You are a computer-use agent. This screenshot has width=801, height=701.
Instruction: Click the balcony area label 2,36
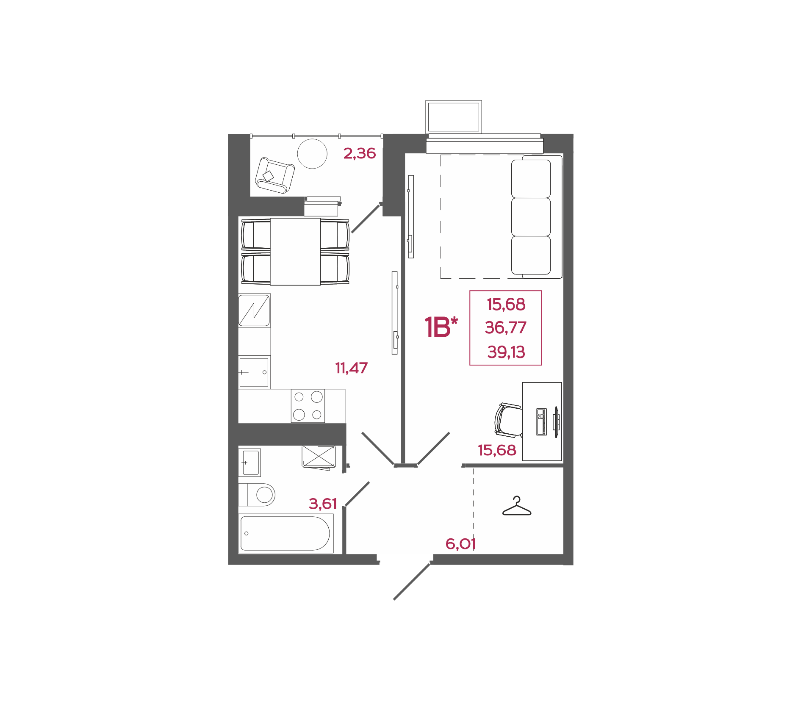tap(359, 153)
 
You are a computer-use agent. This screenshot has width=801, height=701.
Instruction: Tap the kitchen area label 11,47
tap(351, 368)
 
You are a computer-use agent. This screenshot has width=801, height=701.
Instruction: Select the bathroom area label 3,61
tap(323, 504)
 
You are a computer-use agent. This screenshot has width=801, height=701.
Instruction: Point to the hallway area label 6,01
tap(460, 544)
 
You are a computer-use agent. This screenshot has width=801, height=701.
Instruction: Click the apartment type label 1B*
tap(441, 327)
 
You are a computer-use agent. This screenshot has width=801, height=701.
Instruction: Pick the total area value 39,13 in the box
tap(506, 352)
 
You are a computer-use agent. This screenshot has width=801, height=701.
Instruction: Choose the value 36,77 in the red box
tap(506, 327)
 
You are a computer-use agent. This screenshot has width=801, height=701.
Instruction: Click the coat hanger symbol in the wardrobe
tap(517, 506)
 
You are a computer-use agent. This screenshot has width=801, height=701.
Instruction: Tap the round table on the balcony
tap(312, 154)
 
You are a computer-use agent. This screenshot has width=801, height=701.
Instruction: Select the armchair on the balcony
tap(274, 175)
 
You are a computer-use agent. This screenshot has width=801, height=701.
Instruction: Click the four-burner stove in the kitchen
tap(308, 406)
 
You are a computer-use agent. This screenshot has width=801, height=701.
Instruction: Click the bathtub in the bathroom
tap(286, 533)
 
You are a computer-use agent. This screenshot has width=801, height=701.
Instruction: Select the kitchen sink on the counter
tap(254, 372)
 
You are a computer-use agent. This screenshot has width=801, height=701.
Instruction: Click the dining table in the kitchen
tap(295, 252)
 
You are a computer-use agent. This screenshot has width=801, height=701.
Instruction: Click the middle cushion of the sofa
tap(531, 217)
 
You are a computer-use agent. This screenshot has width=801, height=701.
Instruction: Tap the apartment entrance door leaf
tap(412, 581)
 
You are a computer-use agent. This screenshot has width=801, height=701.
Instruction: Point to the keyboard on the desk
tap(541, 421)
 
